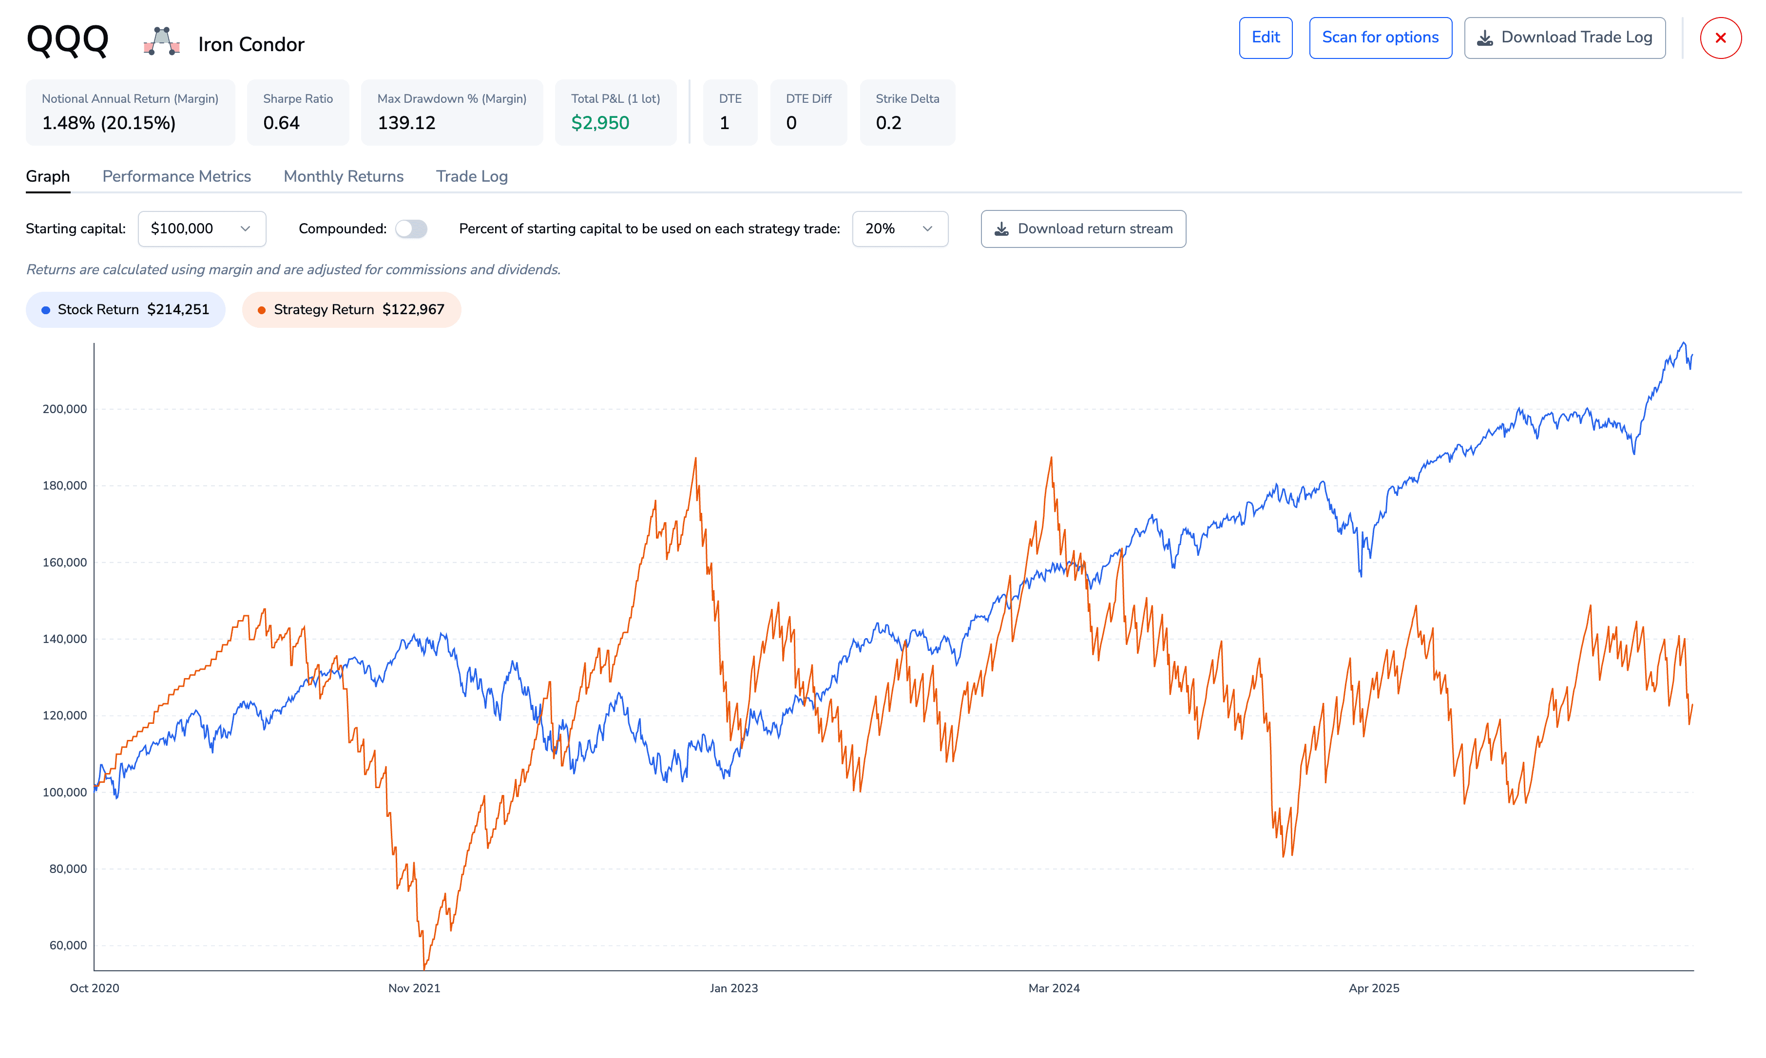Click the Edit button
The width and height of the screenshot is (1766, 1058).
point(1266,38)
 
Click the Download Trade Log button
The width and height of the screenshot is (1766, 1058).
point(1564,38)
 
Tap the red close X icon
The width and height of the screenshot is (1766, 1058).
point(1720,38)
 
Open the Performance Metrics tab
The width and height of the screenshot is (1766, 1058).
point(176,176)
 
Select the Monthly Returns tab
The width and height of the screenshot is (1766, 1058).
point(343,176)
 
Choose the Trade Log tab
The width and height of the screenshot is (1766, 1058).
point(471,176)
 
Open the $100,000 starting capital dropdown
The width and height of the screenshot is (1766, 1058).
point(202,229)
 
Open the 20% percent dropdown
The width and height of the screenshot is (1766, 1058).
point(900,229)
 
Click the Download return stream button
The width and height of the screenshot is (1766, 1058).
point(1083,229)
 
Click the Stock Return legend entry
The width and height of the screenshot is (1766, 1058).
point(126,309)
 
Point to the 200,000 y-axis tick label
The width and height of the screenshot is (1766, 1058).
point(64,409)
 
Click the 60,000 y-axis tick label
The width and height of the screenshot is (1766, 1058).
point(68,945)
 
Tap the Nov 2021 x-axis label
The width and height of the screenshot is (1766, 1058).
point(414,988)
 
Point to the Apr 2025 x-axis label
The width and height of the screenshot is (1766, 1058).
point(1374,988)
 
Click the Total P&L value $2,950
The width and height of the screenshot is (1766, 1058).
point(600,123)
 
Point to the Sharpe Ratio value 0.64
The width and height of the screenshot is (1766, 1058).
point(281,123)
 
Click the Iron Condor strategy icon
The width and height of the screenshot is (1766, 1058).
point(161,41)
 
